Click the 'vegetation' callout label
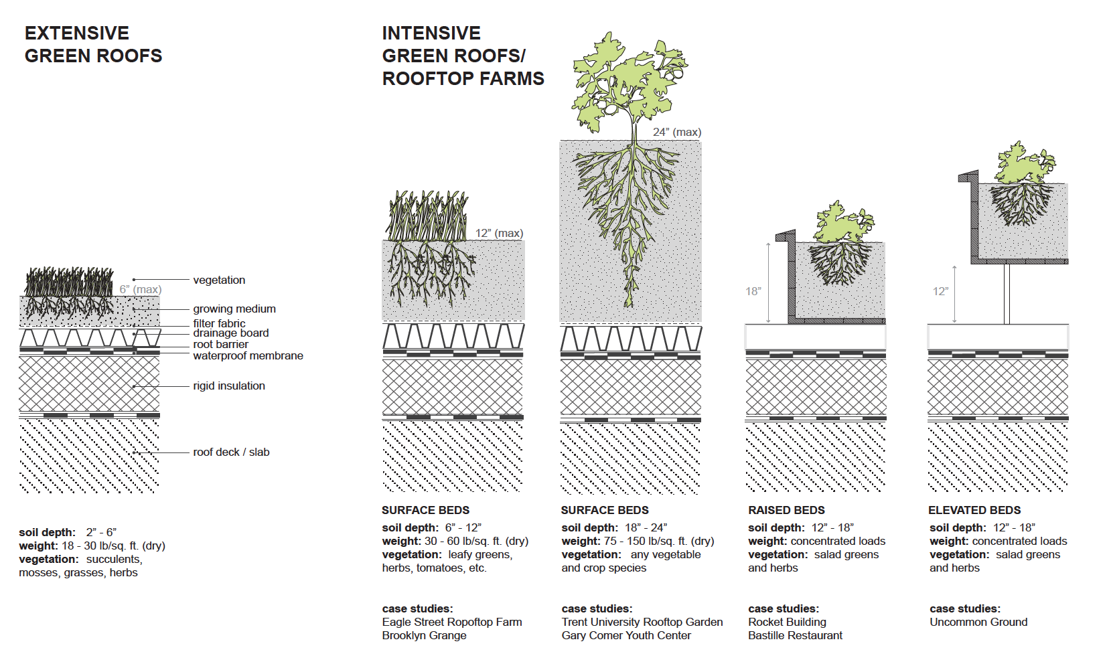[219, 280]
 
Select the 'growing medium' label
[234, 309]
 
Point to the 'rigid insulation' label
[229, 386]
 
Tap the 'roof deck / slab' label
[231, 452]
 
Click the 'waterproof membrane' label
[248, 355]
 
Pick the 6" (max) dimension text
[141, 289]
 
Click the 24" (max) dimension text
[677, 132]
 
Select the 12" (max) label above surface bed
[499, 233]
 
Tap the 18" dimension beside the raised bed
[753, 291]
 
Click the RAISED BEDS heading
[786, 510]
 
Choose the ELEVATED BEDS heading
[974, 510]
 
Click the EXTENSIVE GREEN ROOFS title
[93, 44]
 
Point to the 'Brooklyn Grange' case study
[424, 635]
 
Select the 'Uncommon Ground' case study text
[978, 622]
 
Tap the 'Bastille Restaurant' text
[795, 635]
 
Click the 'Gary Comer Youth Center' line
[626, 635]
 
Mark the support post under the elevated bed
[1007, 294]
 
